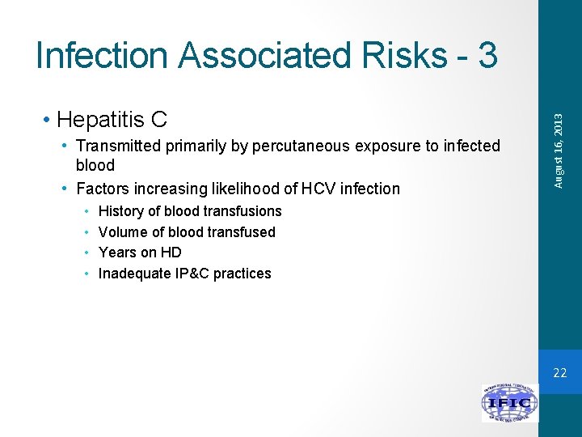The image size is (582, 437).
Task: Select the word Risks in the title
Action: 405,55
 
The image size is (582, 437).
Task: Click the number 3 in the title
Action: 487,55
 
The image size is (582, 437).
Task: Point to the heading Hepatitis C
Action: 112,120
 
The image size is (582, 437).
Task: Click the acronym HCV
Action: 310,189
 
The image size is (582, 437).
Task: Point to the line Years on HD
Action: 139,252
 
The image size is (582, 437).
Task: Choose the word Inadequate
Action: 133,274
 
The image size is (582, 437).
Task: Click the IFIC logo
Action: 509,403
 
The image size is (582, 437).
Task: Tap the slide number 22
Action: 560,373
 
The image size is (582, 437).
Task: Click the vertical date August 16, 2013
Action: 559,151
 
